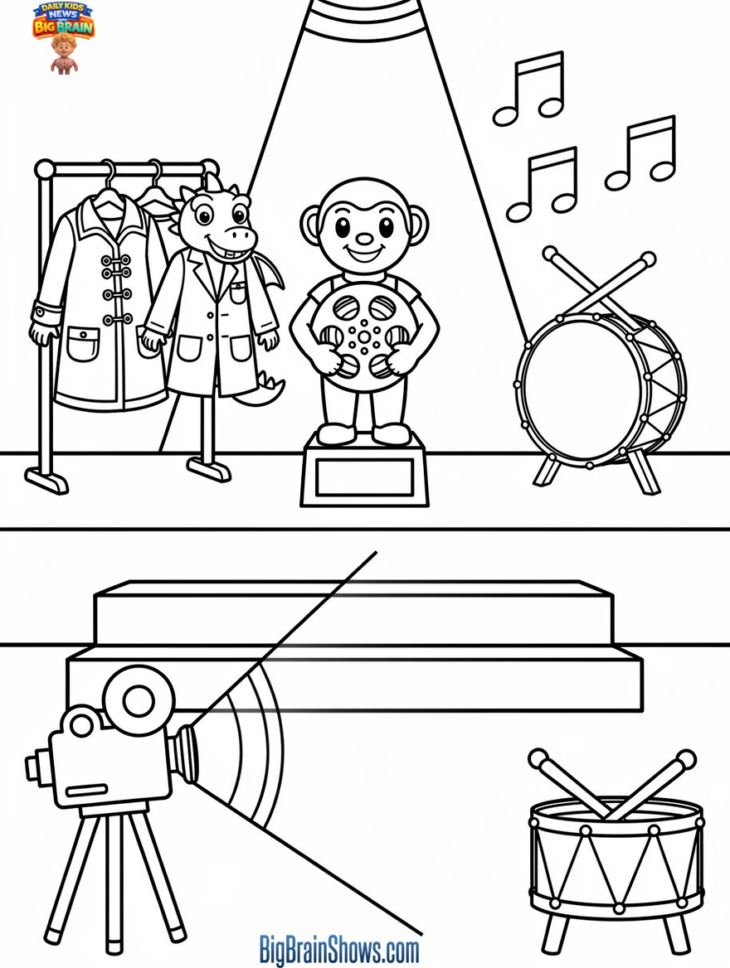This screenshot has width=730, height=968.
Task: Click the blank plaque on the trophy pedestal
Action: [x=364, y=477]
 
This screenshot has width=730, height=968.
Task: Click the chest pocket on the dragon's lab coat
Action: [x=239, y=293]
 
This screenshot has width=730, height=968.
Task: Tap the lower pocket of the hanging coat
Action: [x=82, y=343]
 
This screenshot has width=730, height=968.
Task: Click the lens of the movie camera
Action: [x=186, y=753]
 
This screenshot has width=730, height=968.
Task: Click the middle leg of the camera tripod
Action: [x=115, y=878]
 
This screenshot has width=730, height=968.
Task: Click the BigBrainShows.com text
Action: [x=339, y=948]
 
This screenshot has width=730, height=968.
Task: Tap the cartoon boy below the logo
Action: [x=63, y=55]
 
